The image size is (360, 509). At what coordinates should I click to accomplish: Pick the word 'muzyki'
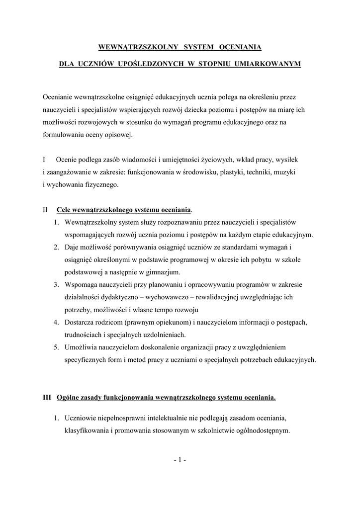(285, 172)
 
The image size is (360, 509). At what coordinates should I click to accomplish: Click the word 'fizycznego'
(101, 184)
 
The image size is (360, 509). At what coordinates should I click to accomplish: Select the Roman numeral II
(45, 210)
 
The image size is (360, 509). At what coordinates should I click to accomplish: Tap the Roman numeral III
(47, 398)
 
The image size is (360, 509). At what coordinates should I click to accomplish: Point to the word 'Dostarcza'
(80, 323)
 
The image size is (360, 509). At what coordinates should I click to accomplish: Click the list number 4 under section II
(56, 323)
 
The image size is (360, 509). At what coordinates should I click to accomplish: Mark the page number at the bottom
(180, 460)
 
